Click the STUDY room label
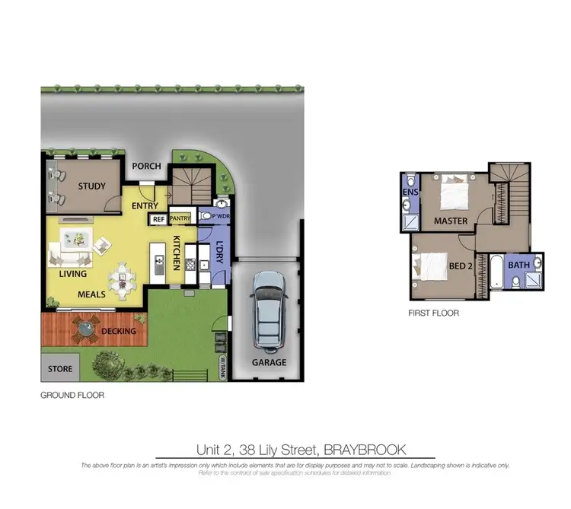(x=91, y=186)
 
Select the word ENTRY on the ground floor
(x=145, y=205)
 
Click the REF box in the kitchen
(x=158, y=219)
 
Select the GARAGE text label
(x=270, y=362)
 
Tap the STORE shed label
(x=60, y=369)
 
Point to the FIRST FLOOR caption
(x=434, y=313)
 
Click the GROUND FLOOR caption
(x=72, y=396)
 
